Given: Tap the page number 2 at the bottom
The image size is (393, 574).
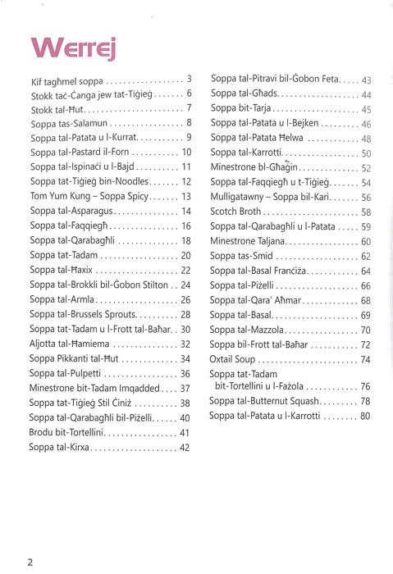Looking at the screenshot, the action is coord(30,562).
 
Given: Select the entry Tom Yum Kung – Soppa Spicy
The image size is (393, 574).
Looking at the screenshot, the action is coord(93,196).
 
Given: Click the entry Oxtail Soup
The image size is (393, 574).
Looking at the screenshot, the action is coord(237,359).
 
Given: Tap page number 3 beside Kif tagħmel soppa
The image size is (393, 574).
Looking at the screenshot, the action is coord(189,79).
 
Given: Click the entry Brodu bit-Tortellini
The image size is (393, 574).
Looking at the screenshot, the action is coord(75,432).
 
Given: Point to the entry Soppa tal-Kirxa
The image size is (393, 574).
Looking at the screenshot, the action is coord(62,447).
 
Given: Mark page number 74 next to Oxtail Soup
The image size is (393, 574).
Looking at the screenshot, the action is coord(365,359).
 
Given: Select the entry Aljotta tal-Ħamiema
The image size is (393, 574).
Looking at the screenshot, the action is coord(79,344).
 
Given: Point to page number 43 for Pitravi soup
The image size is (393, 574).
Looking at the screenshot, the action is coord(366,80).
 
